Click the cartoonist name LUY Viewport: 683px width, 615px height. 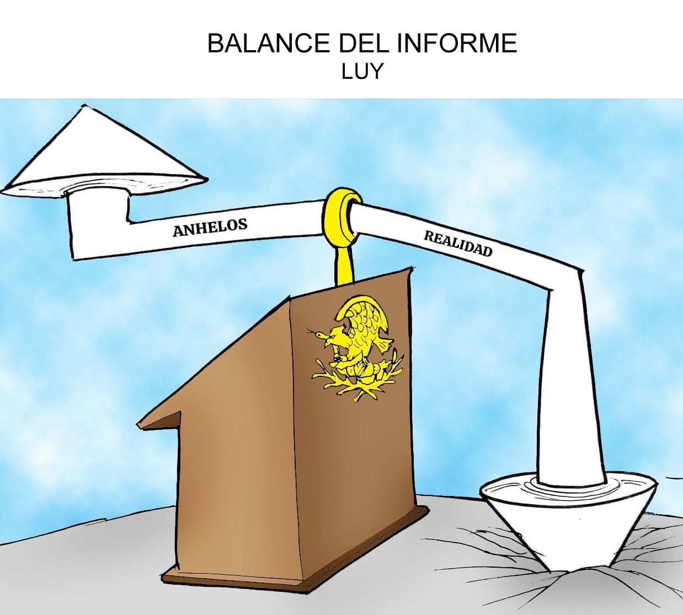(x=361, y=72)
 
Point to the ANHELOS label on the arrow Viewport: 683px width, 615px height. (x=210, y=227)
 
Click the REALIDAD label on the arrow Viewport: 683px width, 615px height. (x=457, y=243)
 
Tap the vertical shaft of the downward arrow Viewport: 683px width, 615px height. (x=568, y=386)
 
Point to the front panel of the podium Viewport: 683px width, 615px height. (x=359, y=441)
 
